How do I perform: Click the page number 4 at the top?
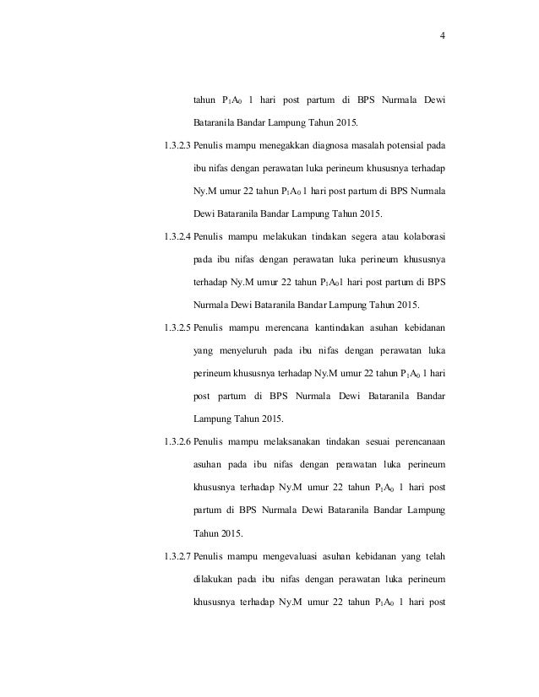coord(443,35)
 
